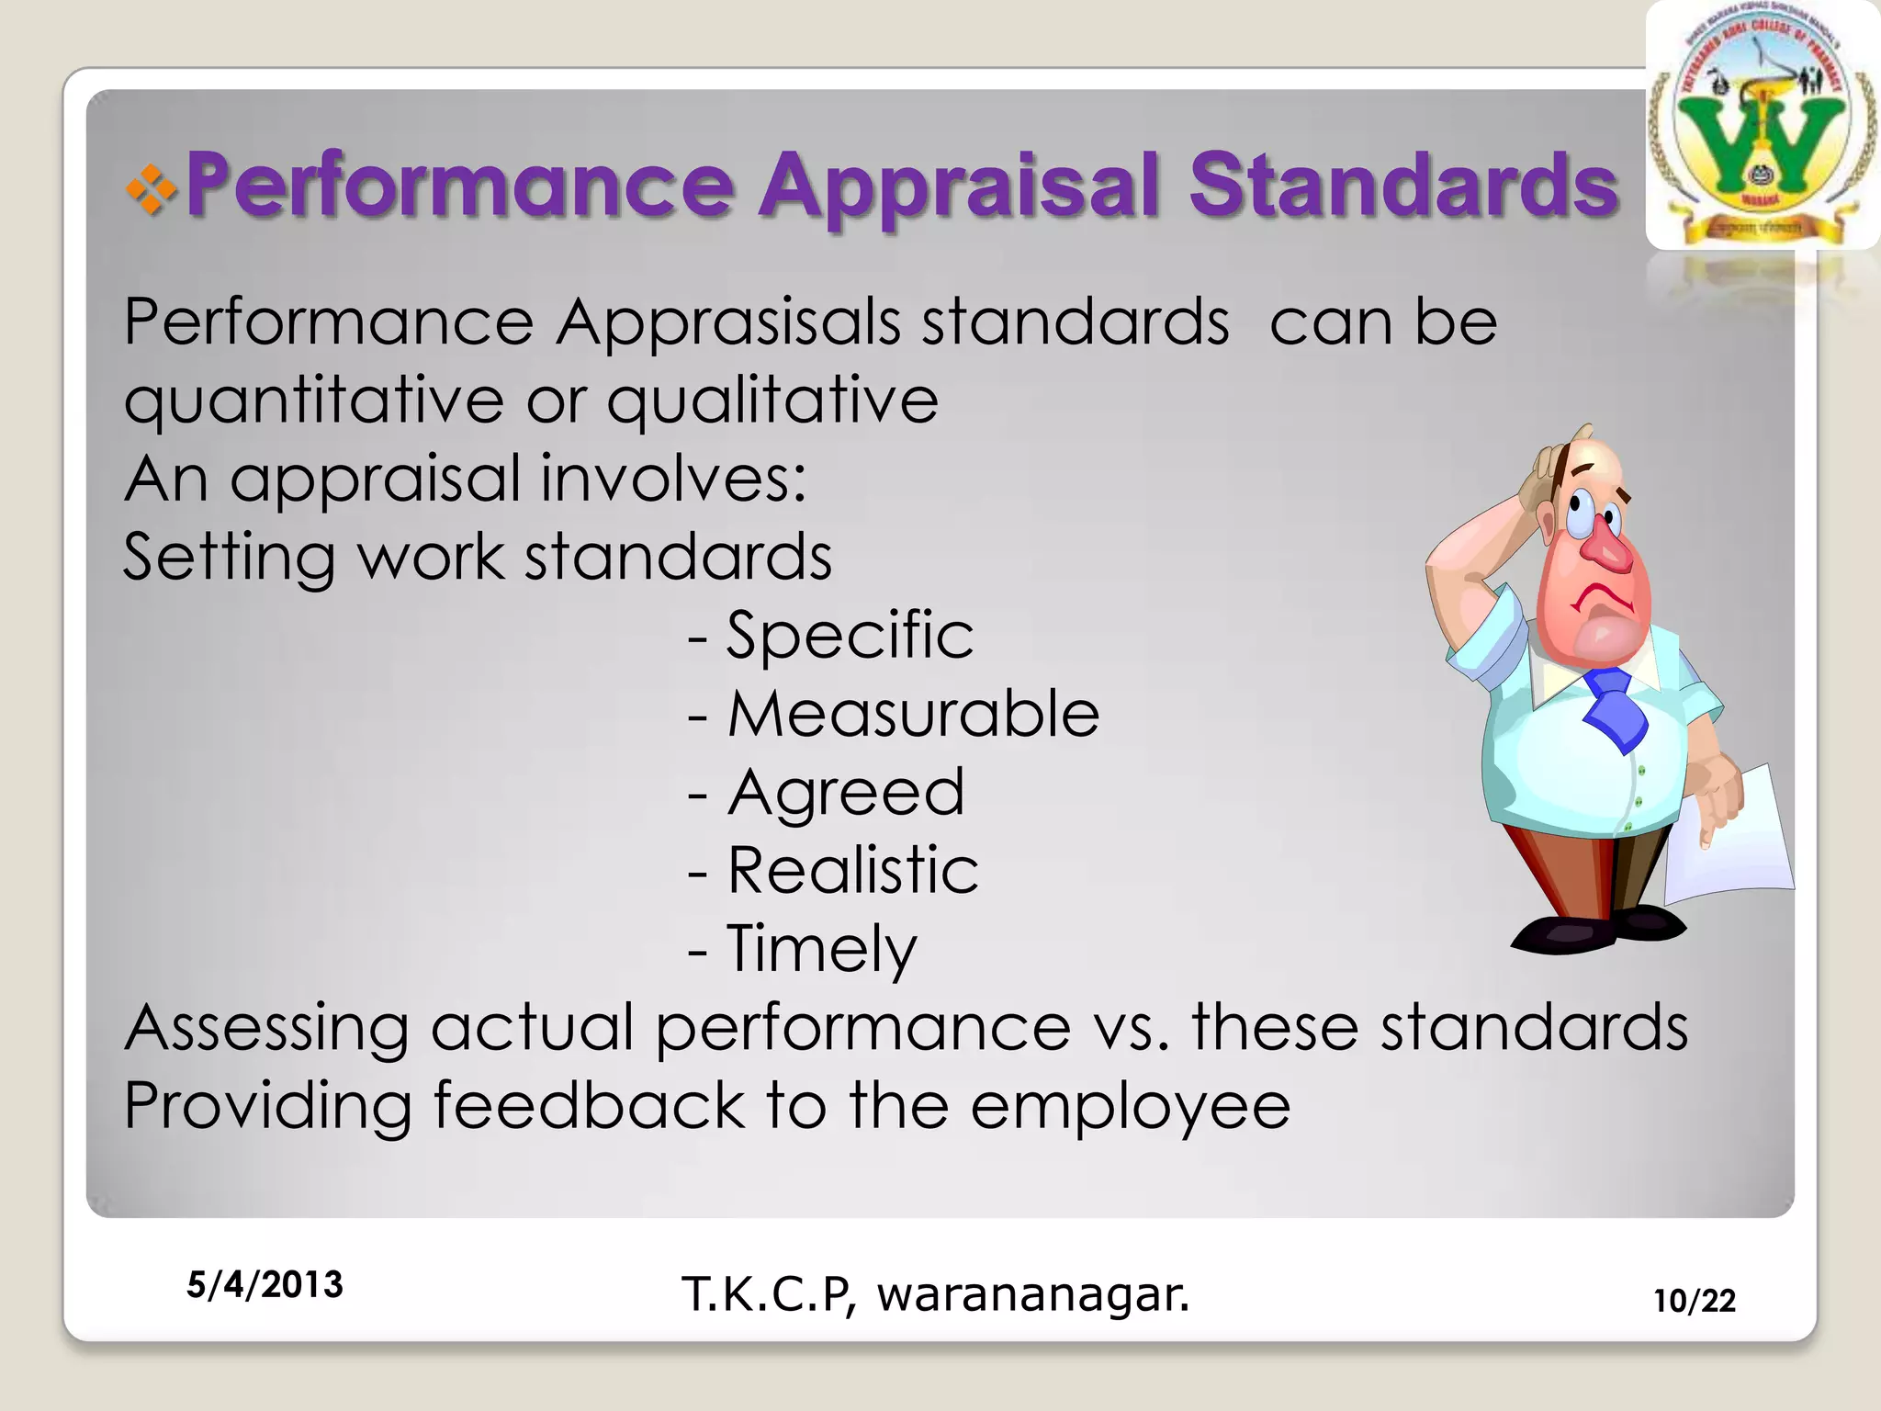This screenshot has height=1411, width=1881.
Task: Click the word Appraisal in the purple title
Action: coord(960,186)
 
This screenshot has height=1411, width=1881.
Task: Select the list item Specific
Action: coord(849,636)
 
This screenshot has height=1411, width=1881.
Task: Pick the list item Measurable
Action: coord(912,715)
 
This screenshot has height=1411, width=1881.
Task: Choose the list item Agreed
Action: coord(845,793)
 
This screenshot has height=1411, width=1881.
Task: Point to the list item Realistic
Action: coord(852,871)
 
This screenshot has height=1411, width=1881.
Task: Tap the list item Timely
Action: coord(820,949)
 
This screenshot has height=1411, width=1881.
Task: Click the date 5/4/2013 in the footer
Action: coord(265,1284)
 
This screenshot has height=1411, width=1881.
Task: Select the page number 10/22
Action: coord(1695,1301)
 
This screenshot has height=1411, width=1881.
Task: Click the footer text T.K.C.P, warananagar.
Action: coord(935,1294)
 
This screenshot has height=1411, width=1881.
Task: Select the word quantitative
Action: coord(314,401)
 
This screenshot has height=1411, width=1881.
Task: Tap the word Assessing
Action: coord(266,1027)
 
